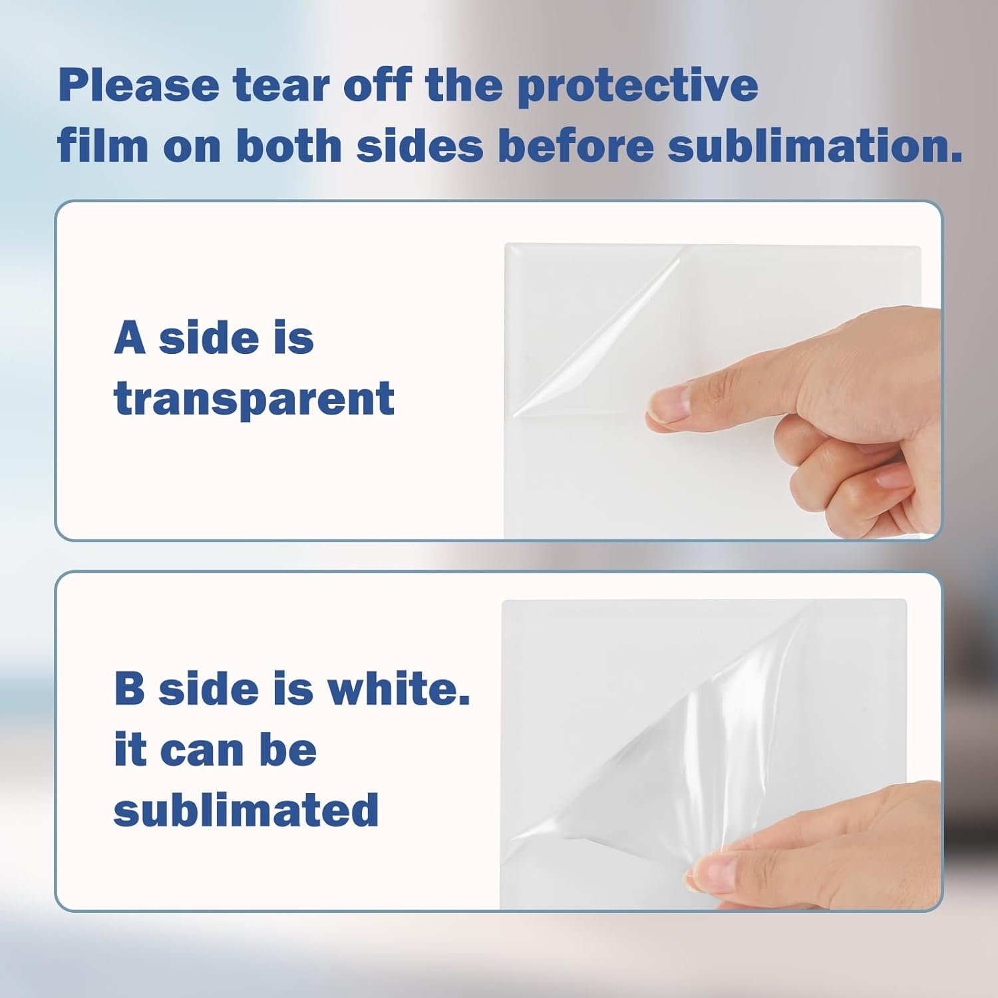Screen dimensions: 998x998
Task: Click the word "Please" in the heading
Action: pos(138,86)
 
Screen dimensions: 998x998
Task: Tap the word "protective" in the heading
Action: pos(637,86)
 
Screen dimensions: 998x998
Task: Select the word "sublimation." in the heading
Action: pos(815,146)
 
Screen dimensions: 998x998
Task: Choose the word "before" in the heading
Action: pos(576,146)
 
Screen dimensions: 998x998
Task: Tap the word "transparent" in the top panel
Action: pos(254,399)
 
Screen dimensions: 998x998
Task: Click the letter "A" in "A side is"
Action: pos(130,337)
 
